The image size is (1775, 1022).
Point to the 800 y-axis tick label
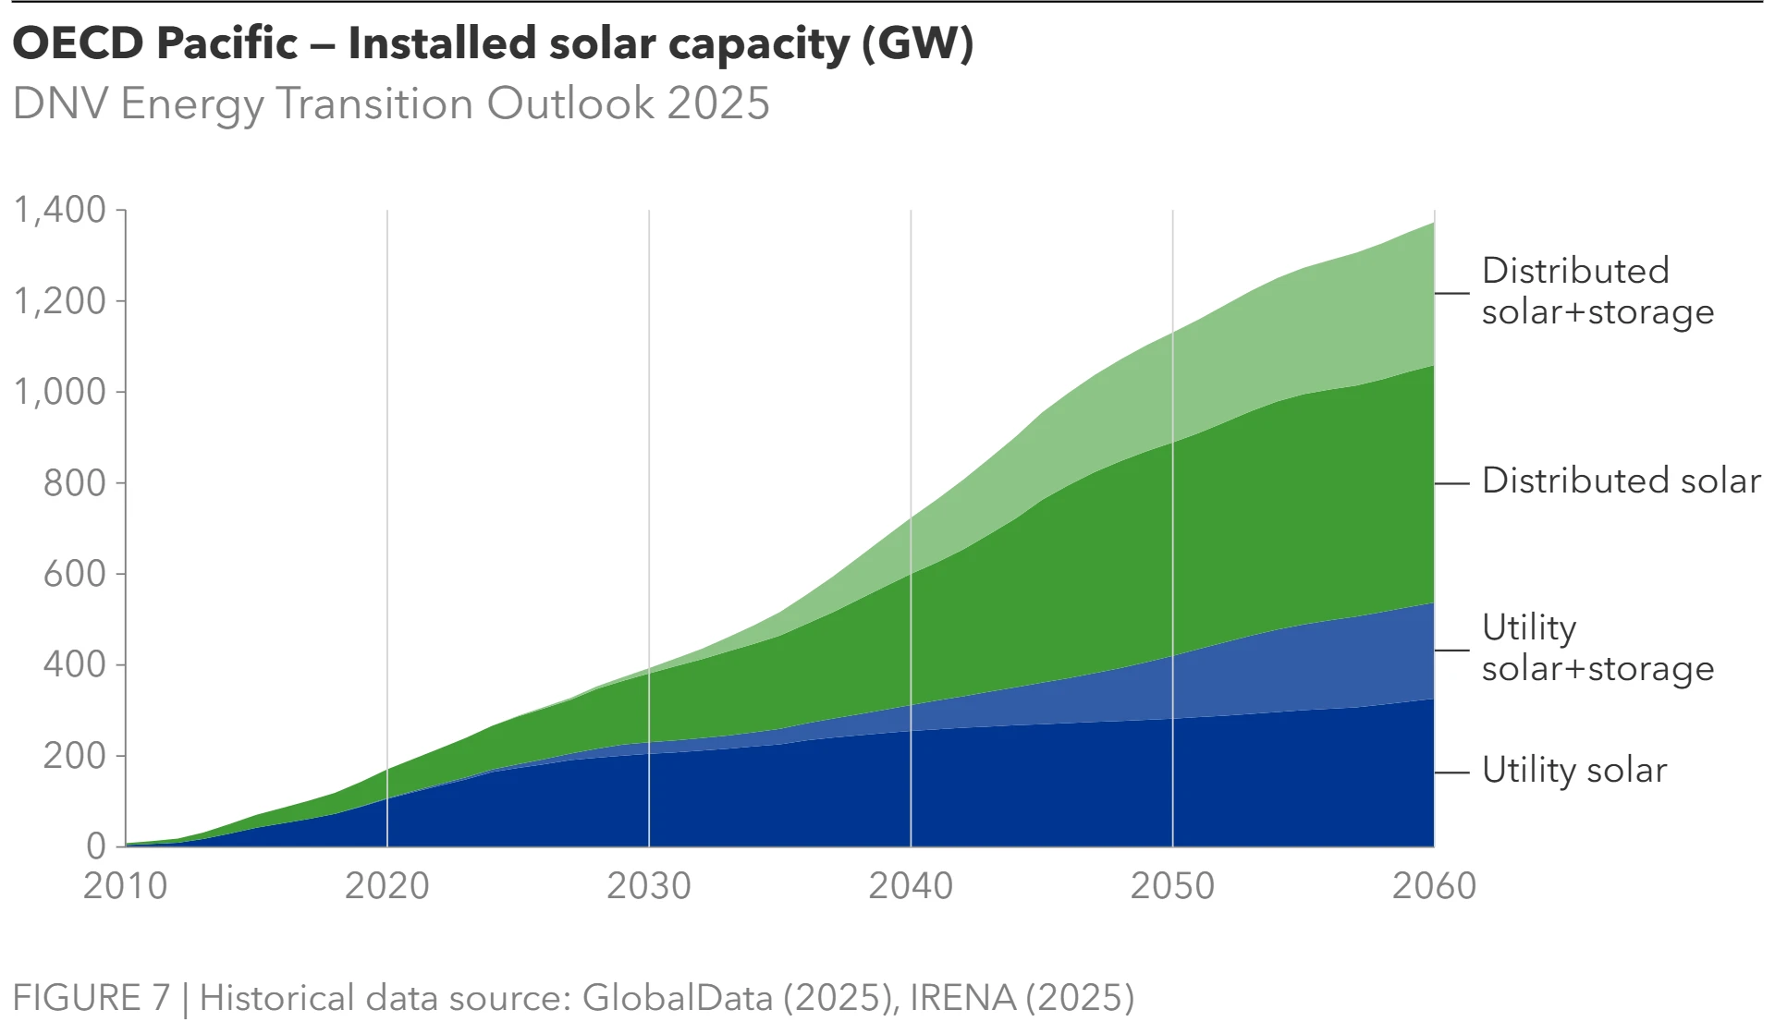(x=75, y=482)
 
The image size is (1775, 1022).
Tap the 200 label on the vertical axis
(x=75, y=756)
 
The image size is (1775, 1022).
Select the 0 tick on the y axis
(x=96, y=846)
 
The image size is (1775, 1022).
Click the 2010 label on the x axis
(x=125, y=886)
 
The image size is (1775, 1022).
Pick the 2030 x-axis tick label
(x=648, y=886)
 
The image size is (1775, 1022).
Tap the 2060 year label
(x=1434, y=886)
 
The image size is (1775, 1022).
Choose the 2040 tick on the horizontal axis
(x=911, y=886)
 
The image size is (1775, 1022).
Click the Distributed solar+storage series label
(x=1597, y=291)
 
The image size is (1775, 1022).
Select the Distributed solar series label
(x=1621, y=481)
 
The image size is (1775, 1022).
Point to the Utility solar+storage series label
(x=1597, y=648)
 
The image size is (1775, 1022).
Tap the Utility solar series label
(x=1573, y=771)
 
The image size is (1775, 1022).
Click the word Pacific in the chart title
(x=227, y=43)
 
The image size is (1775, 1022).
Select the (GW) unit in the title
(x=917, y=43)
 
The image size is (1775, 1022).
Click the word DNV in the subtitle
(x=61, y=103)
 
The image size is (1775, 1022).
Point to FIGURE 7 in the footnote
(x=92, y=998)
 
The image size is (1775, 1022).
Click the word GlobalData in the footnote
(x=678, y=998)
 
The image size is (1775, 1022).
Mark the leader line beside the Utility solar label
(x=1452, y=772)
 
